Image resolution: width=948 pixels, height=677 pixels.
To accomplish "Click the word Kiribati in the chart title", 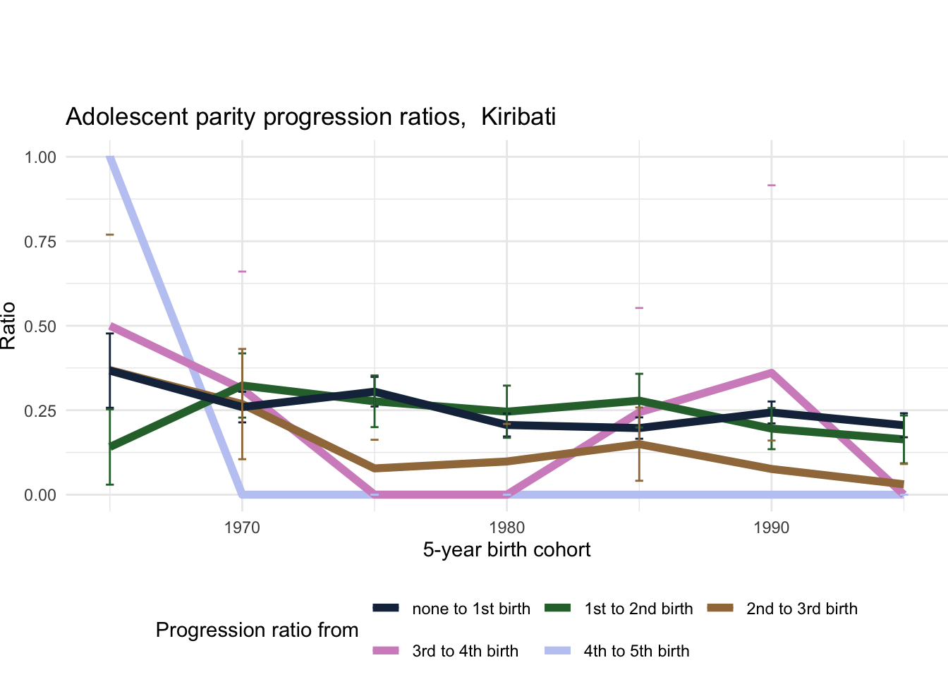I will coord(518,116).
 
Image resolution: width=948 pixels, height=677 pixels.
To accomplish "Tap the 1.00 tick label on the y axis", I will coord(40,157).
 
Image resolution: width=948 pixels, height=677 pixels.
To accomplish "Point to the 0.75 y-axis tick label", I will coord(40,242).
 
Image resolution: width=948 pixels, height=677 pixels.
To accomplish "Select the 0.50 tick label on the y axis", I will coord(40,327).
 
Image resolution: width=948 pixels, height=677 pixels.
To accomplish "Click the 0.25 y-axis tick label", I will coord(40,410).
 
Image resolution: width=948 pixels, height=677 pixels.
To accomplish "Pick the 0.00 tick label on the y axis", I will coord(40,495).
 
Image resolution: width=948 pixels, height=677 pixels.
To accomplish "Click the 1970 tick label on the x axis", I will coord(242,527).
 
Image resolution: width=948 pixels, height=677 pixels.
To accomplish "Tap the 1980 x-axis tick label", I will coord(506,527).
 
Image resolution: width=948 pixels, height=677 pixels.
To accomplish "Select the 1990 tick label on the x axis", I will coord(771,527).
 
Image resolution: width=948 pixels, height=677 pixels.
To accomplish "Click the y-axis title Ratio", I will coord(8,326).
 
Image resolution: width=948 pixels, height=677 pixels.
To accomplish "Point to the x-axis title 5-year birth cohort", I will coord(506,550).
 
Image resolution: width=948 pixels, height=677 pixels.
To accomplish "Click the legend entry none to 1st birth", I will coord(470,609).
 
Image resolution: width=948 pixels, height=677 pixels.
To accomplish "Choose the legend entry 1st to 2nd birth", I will coord(638,609).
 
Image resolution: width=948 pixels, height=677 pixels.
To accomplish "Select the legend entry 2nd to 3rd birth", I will coord(801,609).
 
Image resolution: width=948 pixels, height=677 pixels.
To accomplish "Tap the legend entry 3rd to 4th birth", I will coord(465,652).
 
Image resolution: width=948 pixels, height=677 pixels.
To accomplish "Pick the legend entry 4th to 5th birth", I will coord(636,652).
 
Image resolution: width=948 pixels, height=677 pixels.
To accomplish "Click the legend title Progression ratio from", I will coord(257,630).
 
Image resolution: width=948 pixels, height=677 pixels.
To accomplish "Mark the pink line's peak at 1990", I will coord(771,373).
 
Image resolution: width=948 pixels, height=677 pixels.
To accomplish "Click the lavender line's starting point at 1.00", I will coord(110,158).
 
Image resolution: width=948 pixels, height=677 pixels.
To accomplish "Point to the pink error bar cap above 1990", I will coord(771,185).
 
